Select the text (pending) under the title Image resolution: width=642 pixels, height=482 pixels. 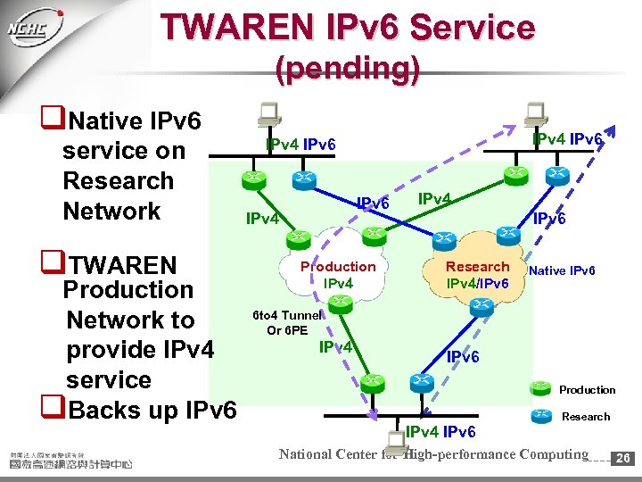(x=348, y=69)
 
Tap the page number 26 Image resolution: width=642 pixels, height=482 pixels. (x=624, y=458)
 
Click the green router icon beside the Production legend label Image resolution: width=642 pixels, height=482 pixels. (x=539, y=388)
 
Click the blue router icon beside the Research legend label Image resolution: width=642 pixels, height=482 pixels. (x=539, y=415)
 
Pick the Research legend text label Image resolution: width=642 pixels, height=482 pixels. (x=586, y=417)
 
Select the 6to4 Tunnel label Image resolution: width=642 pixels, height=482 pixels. (x=287, y=315)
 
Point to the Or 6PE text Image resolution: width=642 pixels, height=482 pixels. (x=287, y=330)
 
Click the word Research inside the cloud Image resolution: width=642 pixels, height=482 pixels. (x=478, y=267)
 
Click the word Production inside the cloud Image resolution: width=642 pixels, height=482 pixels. (x=338, y=267)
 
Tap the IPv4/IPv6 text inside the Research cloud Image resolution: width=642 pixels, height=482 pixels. (x=478, y=283)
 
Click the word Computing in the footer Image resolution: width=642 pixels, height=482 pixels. (x=548, y=454)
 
